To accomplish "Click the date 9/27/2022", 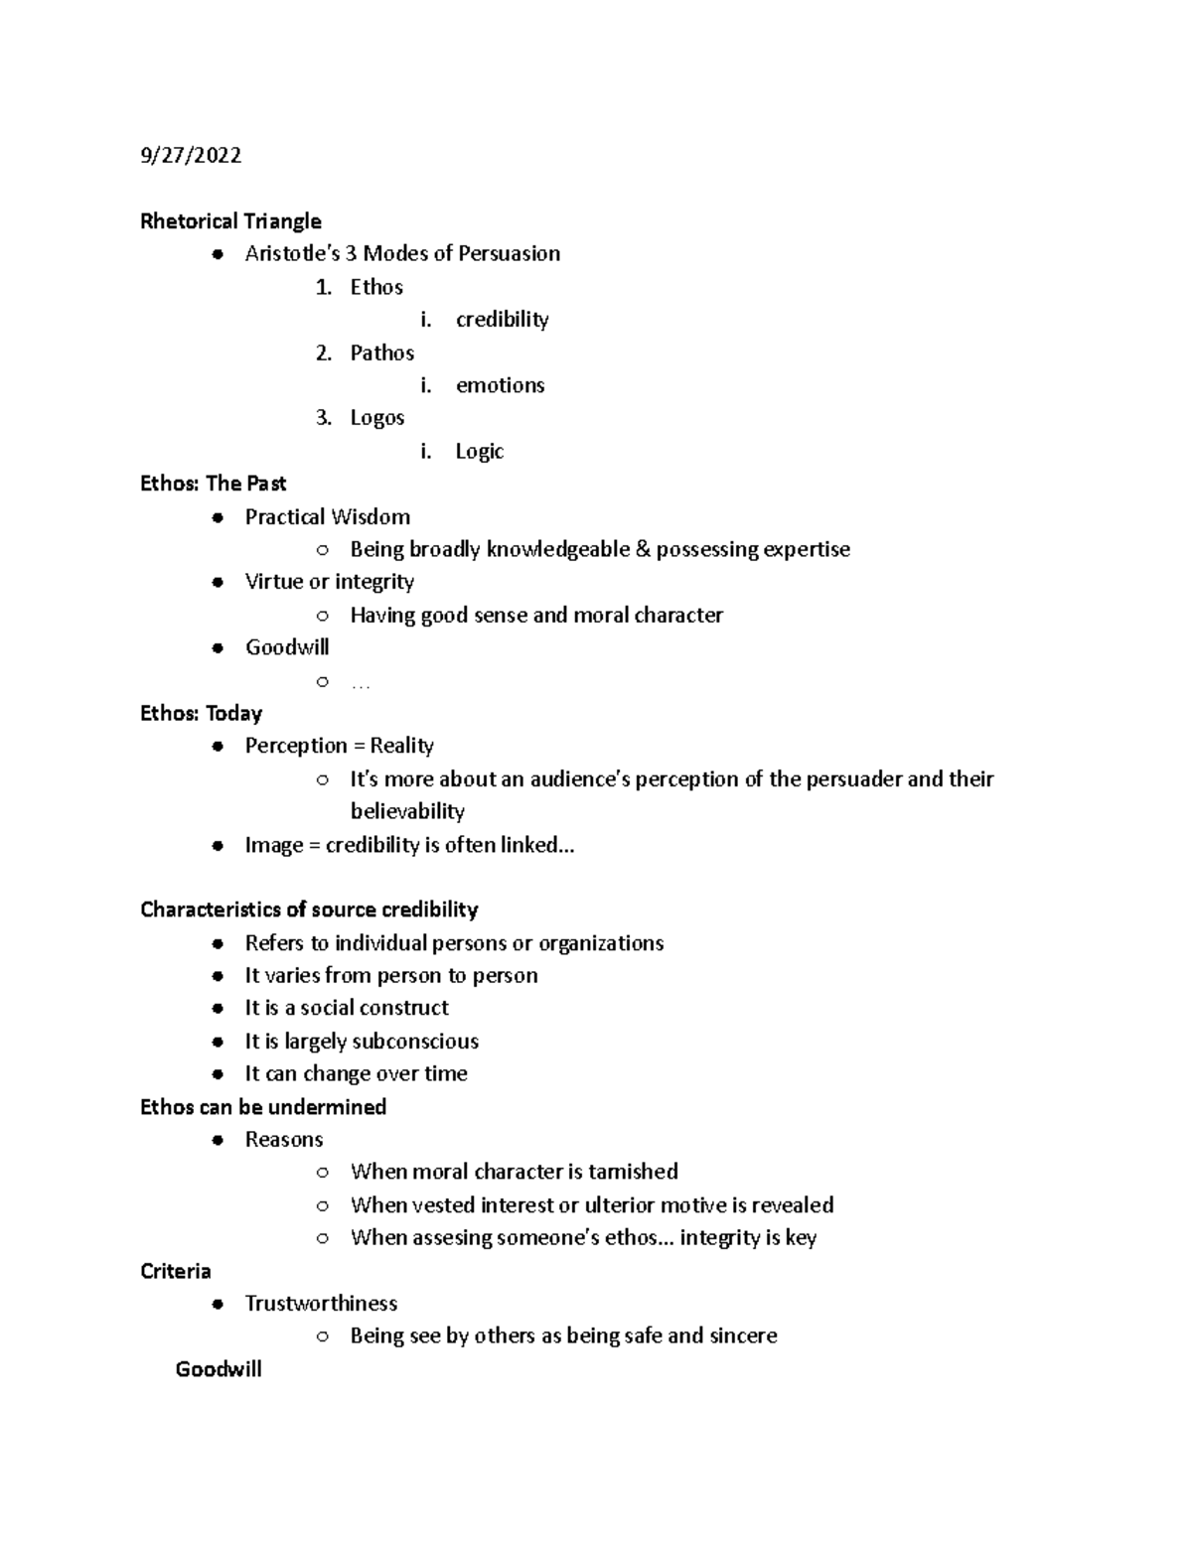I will point(191,156).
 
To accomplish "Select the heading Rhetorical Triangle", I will point(230,221).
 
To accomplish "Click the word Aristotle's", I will point(292,254).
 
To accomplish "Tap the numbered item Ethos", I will point(376,288).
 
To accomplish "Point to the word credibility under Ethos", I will point(502,320).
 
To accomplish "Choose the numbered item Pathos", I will point(381,353).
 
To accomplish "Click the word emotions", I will point(500,385).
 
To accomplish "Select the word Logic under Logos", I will point(480,452).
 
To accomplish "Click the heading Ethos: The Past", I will point(213,484).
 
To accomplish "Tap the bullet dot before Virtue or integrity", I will point(218,583).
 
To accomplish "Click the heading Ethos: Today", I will point(201,713).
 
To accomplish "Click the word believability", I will point(407,811).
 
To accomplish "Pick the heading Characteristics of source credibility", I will point(309,910).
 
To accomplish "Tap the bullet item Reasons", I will point(284,1140).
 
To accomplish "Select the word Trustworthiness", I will point(321,1304).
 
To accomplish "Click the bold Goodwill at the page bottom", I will point(219,1369).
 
